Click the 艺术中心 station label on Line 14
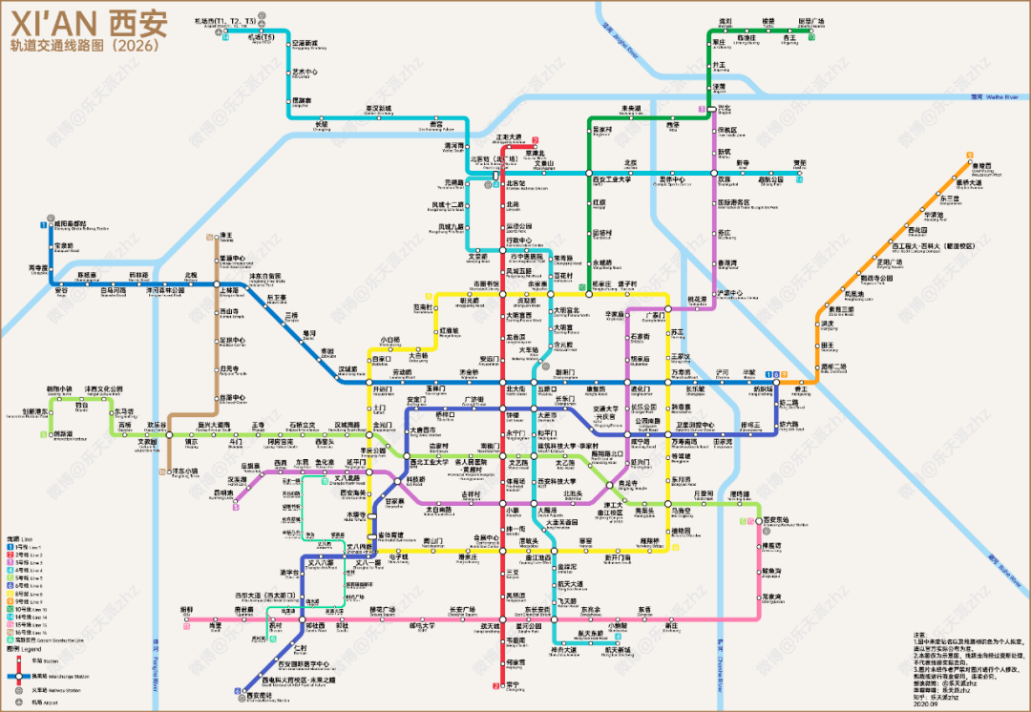pos(305,73)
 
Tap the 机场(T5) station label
pos(261,38)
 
